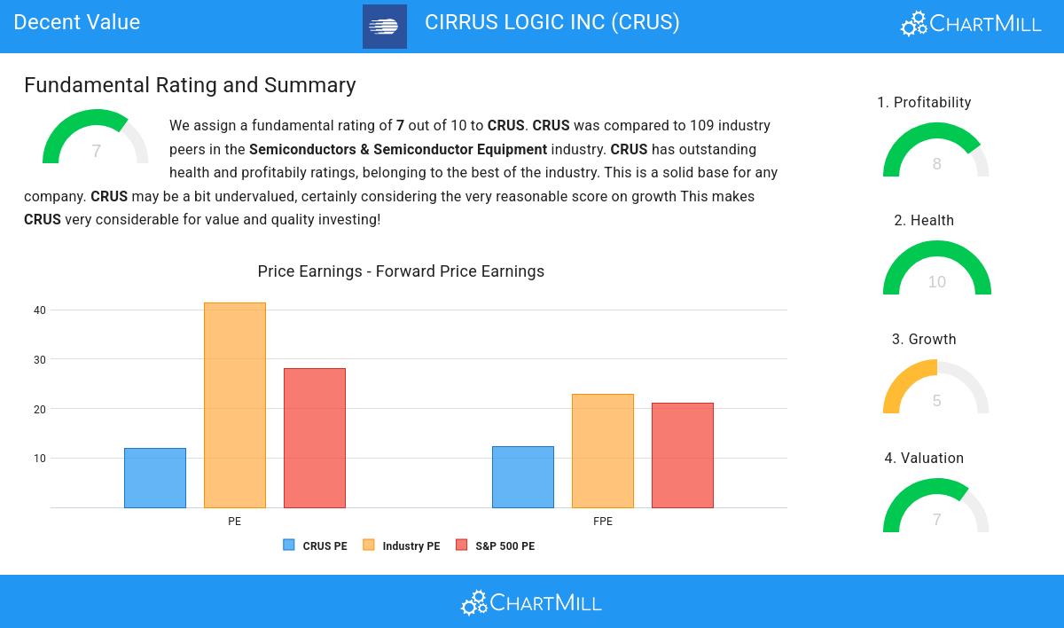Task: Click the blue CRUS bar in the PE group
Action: click(155, 478)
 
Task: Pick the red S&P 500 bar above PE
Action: click(315, 438)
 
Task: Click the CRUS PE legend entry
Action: click(316, 546)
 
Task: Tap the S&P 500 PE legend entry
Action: click(496, 546)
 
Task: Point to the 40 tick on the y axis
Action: click(40, 310)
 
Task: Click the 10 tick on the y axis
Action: click(40, 459)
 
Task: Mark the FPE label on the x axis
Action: click(603, 522)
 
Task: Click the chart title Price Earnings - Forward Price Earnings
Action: click(401, 271)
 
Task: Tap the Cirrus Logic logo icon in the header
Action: click(385, 27)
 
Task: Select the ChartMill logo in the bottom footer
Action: click(531, 603)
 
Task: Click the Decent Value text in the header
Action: click(77, 22)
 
